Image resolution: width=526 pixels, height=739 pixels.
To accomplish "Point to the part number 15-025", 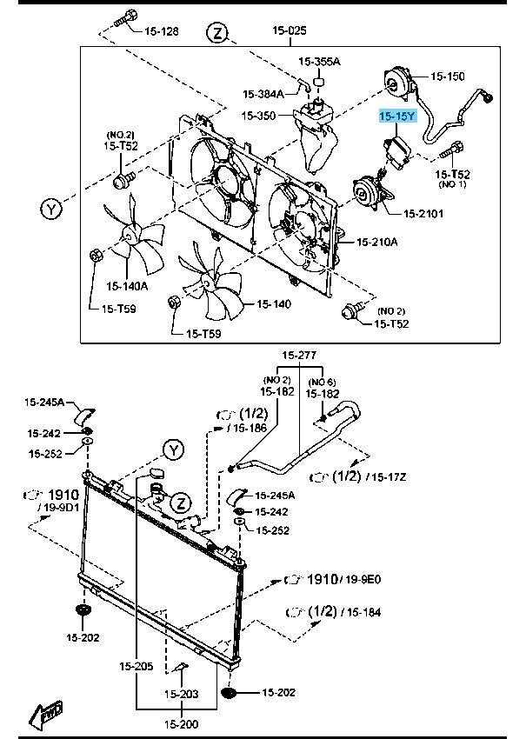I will [x=290, y=30].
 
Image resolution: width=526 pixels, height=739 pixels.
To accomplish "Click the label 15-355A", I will [x=319, y=62].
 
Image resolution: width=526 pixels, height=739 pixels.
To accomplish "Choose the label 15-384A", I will [x=263, y=94].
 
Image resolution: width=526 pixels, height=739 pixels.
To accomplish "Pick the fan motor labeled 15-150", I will [x=398, y=83].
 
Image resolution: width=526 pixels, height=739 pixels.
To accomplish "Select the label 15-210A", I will [x=376, y=242].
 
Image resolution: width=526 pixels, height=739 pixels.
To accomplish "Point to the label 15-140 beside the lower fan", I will [x=273, y=304].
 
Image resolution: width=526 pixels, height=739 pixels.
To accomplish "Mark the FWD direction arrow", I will [x=44, y=715].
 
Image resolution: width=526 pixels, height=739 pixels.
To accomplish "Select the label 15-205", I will [x=136, y=667].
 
